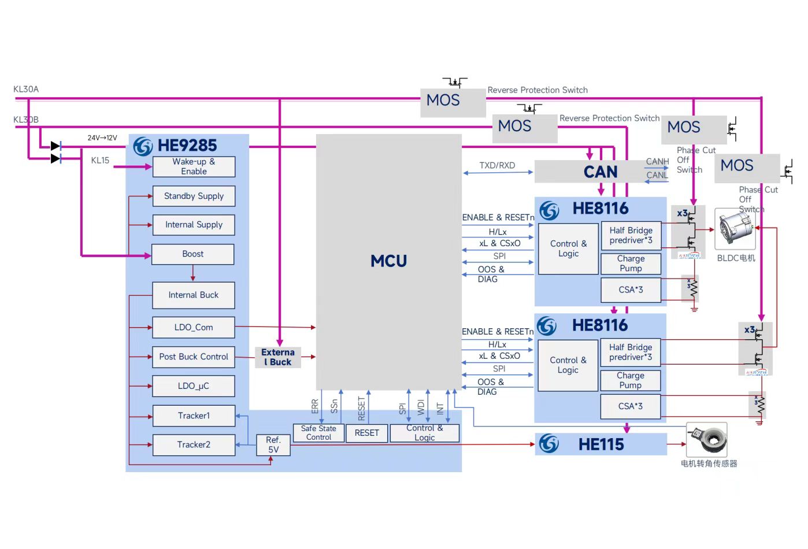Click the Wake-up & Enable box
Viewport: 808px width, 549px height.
coord(194,166)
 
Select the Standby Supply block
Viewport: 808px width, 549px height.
coord(194,196)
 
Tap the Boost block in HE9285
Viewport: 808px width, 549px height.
coord(192,254)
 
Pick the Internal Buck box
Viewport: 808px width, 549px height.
coord(193,295)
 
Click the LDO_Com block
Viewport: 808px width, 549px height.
coord(193,328)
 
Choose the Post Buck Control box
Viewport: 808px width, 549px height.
coord(193,357)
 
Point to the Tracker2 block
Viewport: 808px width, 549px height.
coord(193,445)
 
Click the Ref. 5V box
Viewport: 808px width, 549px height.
coord(273,445)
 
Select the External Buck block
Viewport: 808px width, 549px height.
coord(277,357)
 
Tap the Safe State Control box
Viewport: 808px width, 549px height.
coord(318,433)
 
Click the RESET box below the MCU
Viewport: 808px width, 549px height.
coord(366,433)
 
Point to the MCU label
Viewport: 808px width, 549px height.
coord(388,261)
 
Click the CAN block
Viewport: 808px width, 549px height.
coord(600,172)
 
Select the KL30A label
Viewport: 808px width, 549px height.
coord(26,90)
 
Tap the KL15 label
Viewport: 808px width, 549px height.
coord(100,161)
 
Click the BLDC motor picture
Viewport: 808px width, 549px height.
coord(735,229)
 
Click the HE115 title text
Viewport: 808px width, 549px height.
coord(601,444)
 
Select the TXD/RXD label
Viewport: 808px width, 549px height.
coord(496,165)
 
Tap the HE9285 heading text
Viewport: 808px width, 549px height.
coord(187,146)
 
